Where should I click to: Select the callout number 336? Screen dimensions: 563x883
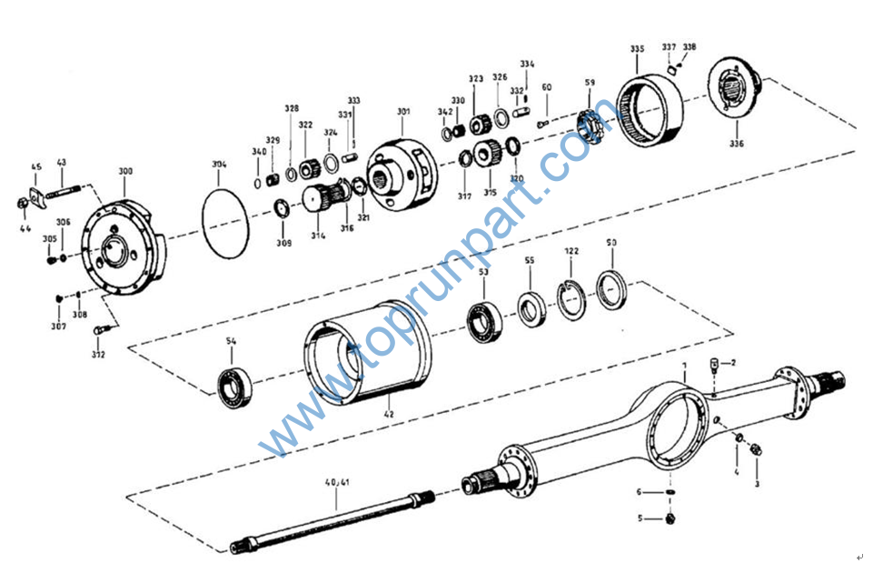(736, 143)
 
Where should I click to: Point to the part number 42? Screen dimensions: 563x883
(389, 415)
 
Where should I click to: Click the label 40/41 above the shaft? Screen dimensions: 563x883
(336, 482)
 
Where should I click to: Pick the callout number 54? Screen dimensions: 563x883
(231, 341)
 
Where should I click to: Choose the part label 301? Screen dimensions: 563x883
(403, 112)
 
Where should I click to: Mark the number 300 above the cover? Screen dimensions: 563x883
(124, 171)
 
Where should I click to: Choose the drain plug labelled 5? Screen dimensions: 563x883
(670, 518)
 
